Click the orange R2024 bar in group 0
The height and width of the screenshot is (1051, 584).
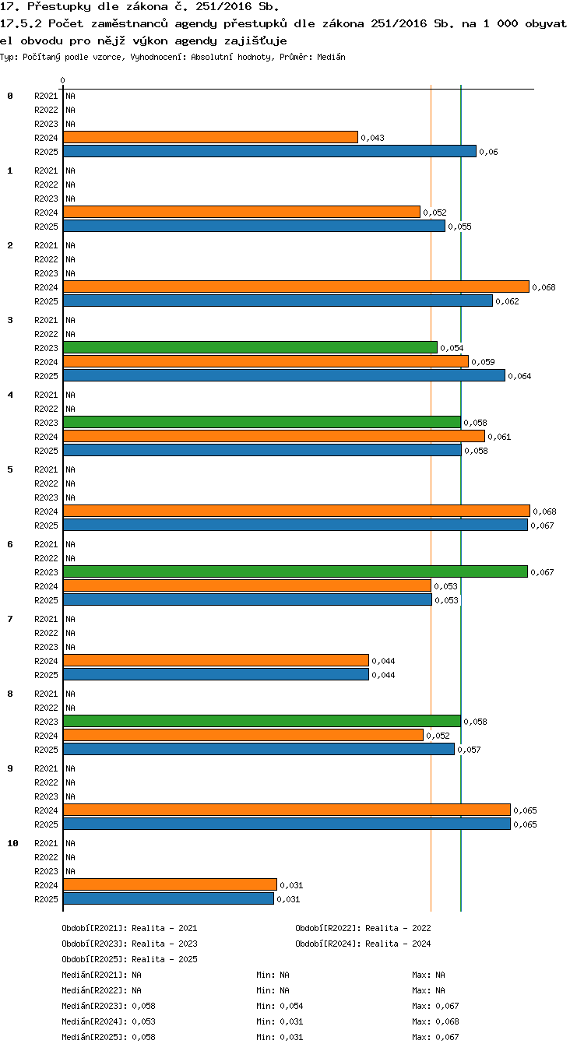click(x=210, y=137)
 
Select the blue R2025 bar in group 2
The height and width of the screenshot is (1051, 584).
click(x=278, y=301)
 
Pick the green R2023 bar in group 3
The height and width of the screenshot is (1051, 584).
click(x=250, y=347)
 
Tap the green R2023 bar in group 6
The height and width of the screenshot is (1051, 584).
click(x=295, y=571)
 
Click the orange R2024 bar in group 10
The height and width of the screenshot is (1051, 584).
click(x=170, y=884)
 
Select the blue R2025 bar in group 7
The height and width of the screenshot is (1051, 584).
click(x=216, y=674)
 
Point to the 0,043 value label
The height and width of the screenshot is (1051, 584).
click(x=373, y=138)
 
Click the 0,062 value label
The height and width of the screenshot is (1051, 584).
click(x=508, y=301)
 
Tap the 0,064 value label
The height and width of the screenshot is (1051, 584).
click(x=519, y=376)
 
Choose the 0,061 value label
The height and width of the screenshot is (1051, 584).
click(x=499, y=437)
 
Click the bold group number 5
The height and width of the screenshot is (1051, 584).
click(x=10, y=469)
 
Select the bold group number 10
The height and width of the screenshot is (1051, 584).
click(x=12, y=843)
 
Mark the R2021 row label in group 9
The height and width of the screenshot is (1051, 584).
click(x=46, y=768)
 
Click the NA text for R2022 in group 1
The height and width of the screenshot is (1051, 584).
click(x=70, y=185)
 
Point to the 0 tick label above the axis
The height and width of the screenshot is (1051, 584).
click(x=62, y=81)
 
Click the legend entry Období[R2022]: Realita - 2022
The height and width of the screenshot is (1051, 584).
click(x=363, y=928)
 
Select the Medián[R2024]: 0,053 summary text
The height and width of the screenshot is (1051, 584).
click(x=108, y=1021)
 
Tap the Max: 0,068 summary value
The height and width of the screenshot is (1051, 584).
click(x=435, y=1021)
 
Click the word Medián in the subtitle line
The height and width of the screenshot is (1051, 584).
click(x=331, y=58)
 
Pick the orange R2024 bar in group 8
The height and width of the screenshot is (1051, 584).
click(x=243, y=735)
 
